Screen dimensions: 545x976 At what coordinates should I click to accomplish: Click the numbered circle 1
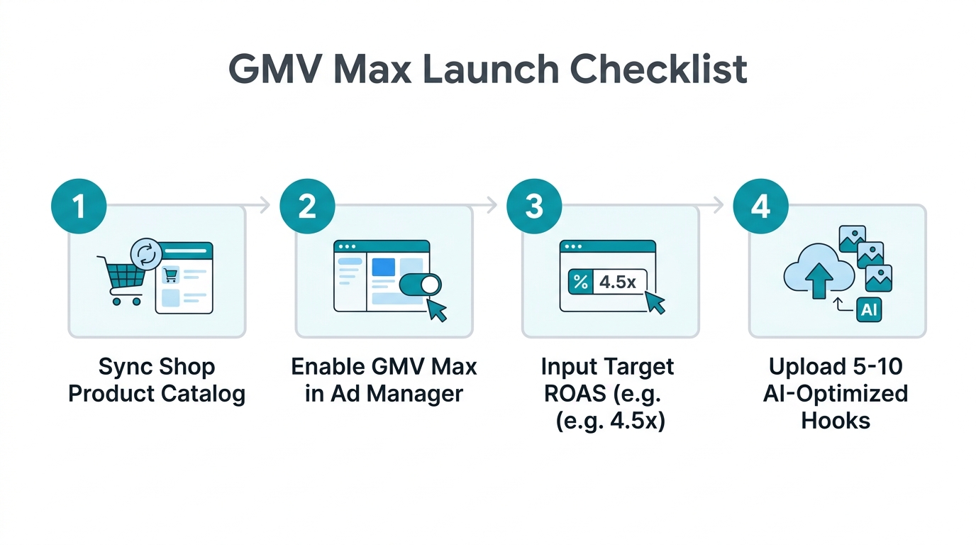[79, 207]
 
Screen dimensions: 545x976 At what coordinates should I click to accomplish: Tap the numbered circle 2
[306, 207]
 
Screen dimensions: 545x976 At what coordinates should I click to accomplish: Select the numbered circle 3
[533, 207]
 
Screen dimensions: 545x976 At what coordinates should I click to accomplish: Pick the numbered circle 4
[760, 207]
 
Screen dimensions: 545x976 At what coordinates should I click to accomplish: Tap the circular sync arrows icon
[146, 255]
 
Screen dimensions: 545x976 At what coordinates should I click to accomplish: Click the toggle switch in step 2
[420, 285]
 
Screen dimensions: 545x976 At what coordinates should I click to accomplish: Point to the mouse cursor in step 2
[437, 309]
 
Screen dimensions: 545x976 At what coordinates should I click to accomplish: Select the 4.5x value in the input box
[618, 282]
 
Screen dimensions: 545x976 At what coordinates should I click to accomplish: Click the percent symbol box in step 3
[580, 282]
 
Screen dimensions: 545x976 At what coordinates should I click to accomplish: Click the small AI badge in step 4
[868, 309]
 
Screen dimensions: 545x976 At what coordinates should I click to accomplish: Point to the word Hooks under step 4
[835, 420]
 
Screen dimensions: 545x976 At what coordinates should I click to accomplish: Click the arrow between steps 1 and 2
[264, 206]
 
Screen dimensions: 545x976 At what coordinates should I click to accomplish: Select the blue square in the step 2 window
[383, 267]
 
